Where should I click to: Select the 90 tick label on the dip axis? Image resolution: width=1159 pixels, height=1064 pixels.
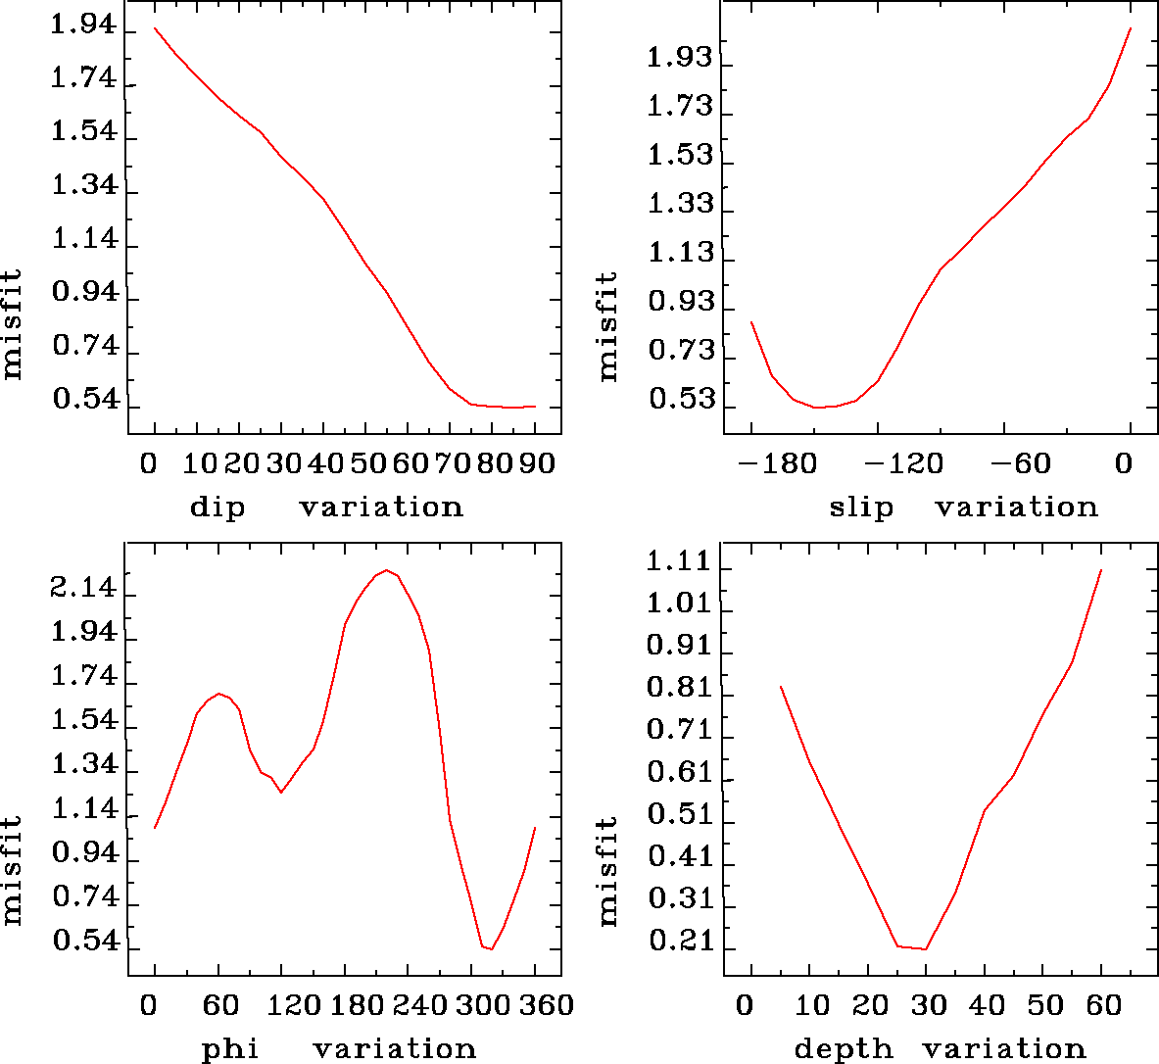536,462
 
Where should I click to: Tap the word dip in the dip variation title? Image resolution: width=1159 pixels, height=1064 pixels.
217,508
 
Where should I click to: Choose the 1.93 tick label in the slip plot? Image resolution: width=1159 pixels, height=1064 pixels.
680,58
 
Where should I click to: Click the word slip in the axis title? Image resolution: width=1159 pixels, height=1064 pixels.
861,508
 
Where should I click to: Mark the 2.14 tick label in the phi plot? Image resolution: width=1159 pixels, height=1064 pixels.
84,590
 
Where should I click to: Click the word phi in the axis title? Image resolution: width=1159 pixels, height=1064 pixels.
230,1049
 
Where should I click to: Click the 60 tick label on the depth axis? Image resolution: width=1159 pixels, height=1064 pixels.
1101,1005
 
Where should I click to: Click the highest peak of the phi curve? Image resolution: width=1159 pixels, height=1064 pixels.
387,570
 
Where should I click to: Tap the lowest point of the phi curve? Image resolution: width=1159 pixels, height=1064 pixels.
491,948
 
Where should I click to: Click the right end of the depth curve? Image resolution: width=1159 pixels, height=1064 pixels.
1101,570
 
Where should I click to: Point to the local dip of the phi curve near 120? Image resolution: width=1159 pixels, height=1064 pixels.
281,792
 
